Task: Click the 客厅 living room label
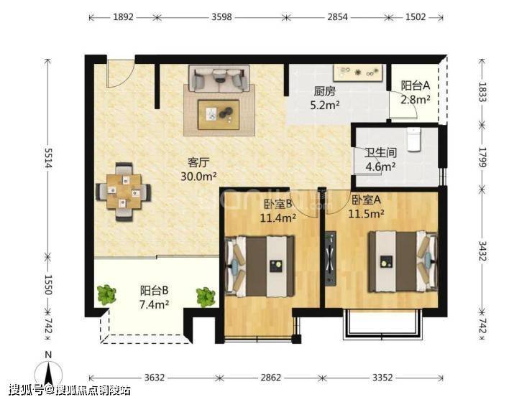pyautogui.click(x=198, y=162)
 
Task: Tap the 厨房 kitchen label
pyautogui.click(x=325, y=91)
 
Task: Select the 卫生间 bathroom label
pyautogui.click(x=380, y=153)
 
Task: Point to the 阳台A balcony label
pyautogui.click(x=416, y=85)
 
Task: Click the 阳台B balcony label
pyautogui.click(x=155, y=291)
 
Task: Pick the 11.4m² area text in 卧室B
pyautogui.click(x=278, y=218)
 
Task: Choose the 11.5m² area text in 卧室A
pyautogui.click(x=367, y=214)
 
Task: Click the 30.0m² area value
pyautogui.click(x=198, y=177)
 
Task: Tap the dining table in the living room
pyautogui.click(x=124, y=192)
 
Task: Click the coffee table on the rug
pyautogui.click(x=219, y=114)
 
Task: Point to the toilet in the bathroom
pyautogui.click(x=413, y=139)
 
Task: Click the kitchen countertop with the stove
pyautogui.click(x=358, y=73)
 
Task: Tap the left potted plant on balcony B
pyautogui.click(x=106, y=294)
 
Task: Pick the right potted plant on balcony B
pyautogui.click(x=206, y=297)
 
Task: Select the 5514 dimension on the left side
pyautogui.click(x=48, y=158)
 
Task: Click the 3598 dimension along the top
pyautogui.click(x=221, y=17)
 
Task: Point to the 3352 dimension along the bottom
pyautogui.click(x=382, y=378)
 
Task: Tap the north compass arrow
pyautogui.click(x=49, y=374)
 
